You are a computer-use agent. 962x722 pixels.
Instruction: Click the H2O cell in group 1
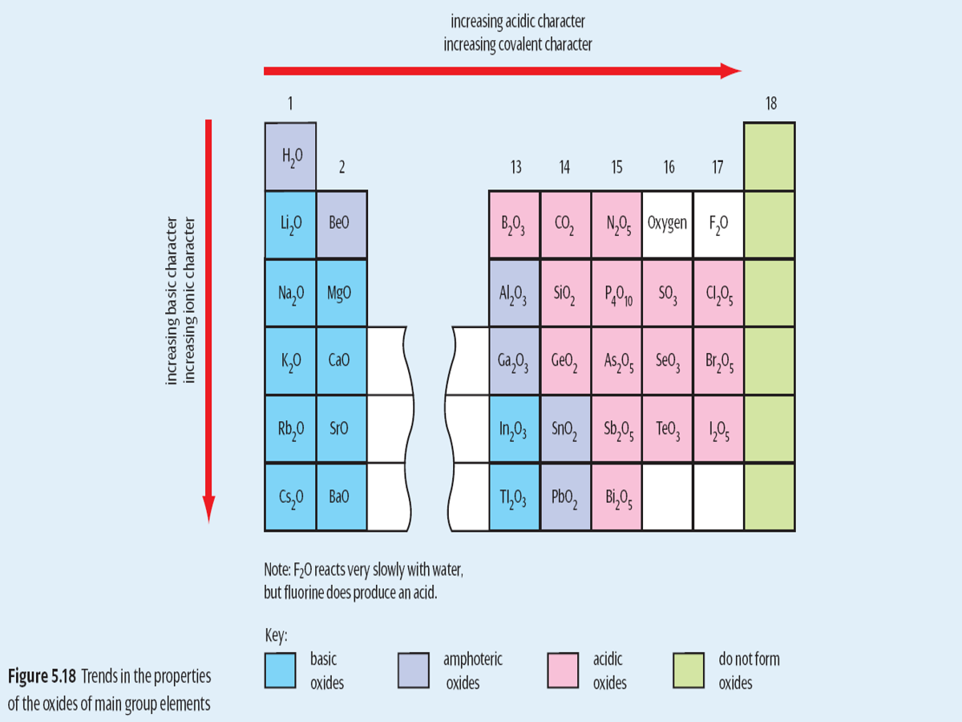tap(290, 156)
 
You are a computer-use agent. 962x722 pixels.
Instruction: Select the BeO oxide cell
tap(342, 225)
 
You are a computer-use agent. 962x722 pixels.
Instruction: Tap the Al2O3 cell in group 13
tap(514, 293)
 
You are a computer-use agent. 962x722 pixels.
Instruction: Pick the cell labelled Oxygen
tap(668, 225)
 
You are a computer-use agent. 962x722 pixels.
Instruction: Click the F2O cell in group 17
tap(718, 225)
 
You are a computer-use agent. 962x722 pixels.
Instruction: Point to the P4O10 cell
tap(616, 293)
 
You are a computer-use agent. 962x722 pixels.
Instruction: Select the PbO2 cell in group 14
tap(565, 497)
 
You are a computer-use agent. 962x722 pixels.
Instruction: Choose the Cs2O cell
tap(290, 497)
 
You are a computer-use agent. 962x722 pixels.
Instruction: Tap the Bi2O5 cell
tap(616, 497)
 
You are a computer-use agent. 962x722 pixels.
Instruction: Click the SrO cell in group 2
tap(342, 429)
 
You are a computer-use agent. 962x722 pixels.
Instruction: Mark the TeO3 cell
tap(668, 429)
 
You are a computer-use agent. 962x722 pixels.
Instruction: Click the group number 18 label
tap(770, 103)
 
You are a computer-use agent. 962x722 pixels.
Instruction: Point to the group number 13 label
tap(515, 167)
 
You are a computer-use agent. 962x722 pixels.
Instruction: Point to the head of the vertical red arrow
tap(208, 510)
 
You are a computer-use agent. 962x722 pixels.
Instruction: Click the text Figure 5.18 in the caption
tap(42, 676)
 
